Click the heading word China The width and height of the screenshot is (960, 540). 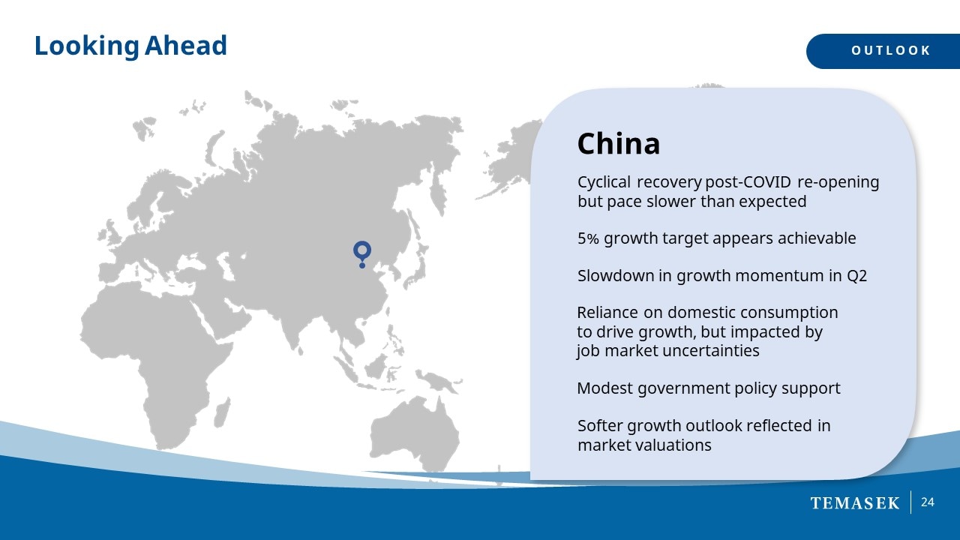click(619, 143)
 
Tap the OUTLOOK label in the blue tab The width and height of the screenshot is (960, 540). click(891, 50)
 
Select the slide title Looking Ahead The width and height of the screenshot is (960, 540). click(130, 46)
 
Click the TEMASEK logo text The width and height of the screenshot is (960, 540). click(855, 503)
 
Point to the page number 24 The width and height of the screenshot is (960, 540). click(928, 502)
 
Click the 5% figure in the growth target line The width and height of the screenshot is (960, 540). click(588, 238)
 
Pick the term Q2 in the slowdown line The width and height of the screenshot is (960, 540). click(856, 276)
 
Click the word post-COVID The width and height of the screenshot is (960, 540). click(748, 182)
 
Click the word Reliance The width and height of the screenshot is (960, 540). click(607, 313)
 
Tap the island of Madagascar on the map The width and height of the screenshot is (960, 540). click(221, 412)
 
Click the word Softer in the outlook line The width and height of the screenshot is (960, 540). click(600, 425)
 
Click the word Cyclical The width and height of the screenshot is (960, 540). click(604, 182)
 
